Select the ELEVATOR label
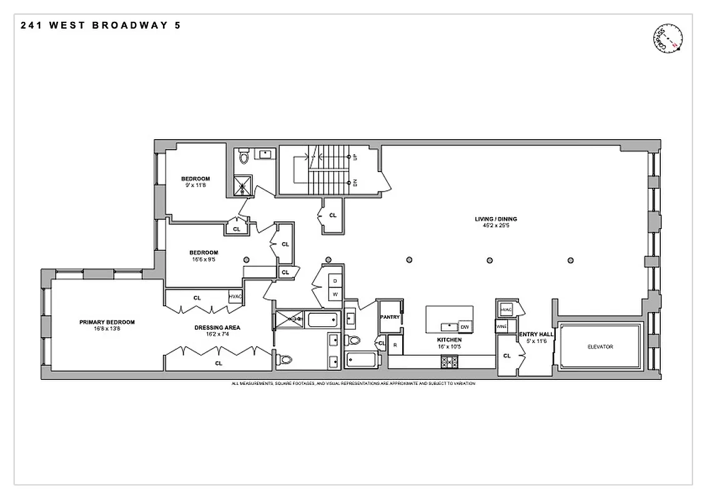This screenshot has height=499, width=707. (x=600, y=347)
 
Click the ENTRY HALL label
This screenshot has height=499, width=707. (x=536, y=334)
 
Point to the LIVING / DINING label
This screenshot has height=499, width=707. (x=496, y=219)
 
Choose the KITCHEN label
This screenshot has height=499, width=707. (x=449, y=340)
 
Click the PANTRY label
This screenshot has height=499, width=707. (x=390, y=317)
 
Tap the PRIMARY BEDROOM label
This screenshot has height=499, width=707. (x=107, y=322)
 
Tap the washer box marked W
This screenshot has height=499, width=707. (x=334, y=294)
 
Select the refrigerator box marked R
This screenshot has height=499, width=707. (x=395, y=346)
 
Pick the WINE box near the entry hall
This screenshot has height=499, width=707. (x=501, y=326)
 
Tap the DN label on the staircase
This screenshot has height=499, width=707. (x=355, y=183)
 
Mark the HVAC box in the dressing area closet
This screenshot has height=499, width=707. (x=235, y=298)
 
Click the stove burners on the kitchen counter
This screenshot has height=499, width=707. (x=450, y=360)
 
